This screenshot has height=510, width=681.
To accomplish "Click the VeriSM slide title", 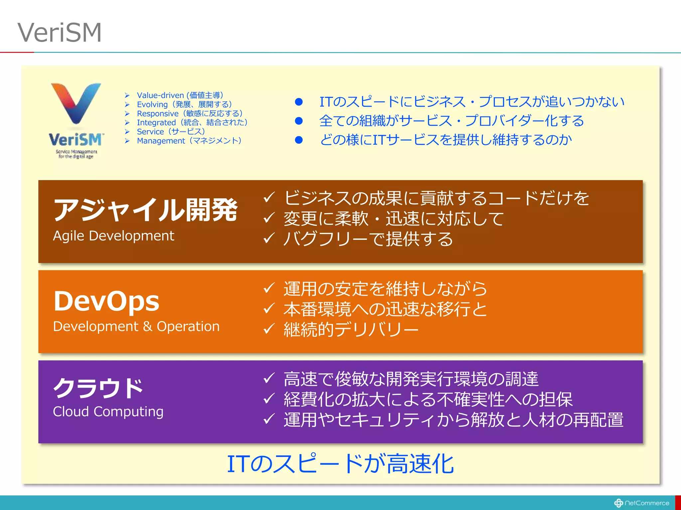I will tap(60, 33).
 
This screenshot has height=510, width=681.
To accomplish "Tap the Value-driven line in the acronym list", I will tap(180, 95).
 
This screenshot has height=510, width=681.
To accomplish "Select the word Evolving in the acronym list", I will tap(152, 105).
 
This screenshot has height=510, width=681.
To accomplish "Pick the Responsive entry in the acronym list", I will tap(158, 114).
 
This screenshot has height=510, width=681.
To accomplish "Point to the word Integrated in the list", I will tap(156, 123).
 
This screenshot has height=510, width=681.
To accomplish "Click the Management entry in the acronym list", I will tap(189, 141).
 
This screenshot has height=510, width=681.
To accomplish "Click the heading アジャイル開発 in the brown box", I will tap(145, 210).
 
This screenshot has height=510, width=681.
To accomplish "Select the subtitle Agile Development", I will tap(113, 236).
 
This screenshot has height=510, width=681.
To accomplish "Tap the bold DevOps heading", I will tap(106, 301).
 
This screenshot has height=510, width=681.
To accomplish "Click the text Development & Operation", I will tap(136, 326).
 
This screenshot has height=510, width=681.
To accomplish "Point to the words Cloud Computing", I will tap(108, 412).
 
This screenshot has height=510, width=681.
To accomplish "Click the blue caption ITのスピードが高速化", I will tap(340, 464).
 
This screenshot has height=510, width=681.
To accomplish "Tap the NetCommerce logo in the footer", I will tap(641, 503).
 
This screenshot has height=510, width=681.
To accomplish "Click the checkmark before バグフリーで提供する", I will tap(269, 238).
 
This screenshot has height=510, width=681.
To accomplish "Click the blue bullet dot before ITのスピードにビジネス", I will tap(299, 102).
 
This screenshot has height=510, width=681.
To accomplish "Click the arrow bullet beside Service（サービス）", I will tap(127, 132).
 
